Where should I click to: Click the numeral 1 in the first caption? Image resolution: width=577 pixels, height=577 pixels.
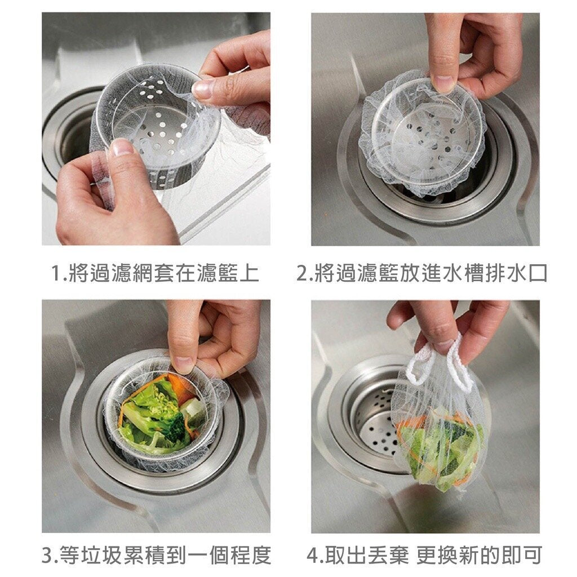pyautogui.click(x=56, y=273)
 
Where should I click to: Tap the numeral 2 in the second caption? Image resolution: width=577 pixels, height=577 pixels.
pyautogui.click(x=302, y=273)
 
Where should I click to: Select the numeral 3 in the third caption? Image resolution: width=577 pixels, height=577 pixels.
pyautogui.click(x=48, y=555)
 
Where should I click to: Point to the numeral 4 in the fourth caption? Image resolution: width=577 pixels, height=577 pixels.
pyautogui.click(x=313, y=555)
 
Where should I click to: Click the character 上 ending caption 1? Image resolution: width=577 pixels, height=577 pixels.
pyautogui.click(x=249, y=273)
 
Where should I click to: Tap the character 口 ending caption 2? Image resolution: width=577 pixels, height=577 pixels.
pyautogui.click(x=537, y=273)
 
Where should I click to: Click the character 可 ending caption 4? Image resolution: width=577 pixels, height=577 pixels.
pyautogui.click(x=531, y=555)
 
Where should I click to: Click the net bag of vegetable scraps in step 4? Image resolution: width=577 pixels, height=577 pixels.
pyautogui.click(x=438, y=442)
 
